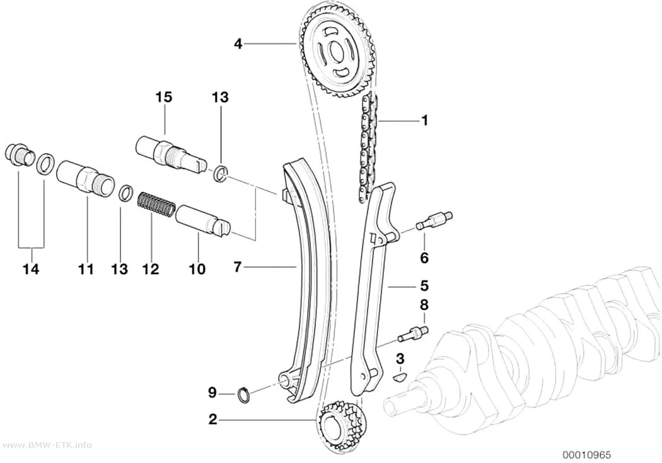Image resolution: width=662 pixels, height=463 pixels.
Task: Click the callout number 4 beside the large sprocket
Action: [238, 43]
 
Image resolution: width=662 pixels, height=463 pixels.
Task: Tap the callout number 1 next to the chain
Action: [425, 120]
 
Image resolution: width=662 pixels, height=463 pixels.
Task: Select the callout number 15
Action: [164, 98]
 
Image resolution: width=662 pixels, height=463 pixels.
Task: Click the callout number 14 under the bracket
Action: [31, 268]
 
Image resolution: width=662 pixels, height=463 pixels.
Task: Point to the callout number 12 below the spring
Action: [151, 268]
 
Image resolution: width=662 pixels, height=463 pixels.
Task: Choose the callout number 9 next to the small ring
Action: [212, 393]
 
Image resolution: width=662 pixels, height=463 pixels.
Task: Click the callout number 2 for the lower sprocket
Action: [212, 420]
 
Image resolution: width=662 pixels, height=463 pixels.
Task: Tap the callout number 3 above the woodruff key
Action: [400, 359]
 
